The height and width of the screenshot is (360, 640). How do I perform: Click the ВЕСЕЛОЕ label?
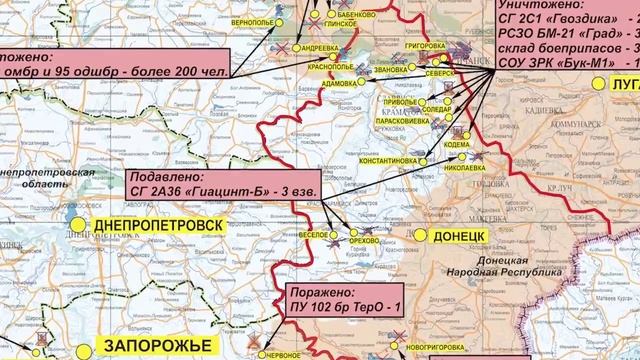[x=314, y=233]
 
